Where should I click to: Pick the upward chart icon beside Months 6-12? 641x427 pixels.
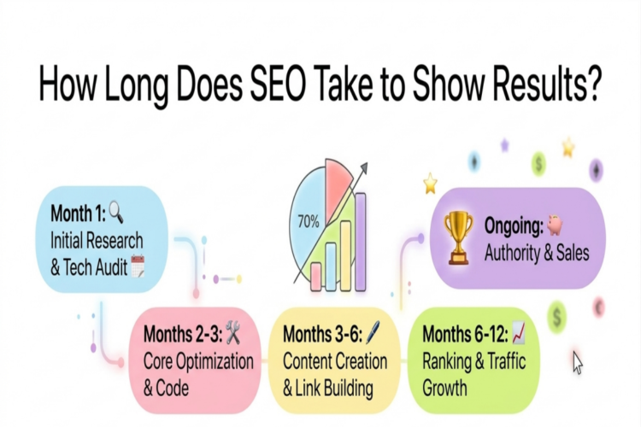point(519,333)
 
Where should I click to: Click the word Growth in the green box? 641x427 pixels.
point(444,389)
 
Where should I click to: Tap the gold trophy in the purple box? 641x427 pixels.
point(459,237)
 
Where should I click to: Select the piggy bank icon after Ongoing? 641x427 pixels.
point(556,225)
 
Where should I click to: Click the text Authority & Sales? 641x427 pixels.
point(536,253)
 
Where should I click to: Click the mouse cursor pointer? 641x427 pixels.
point(578,362)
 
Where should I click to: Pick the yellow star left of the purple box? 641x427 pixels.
point(431,184)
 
